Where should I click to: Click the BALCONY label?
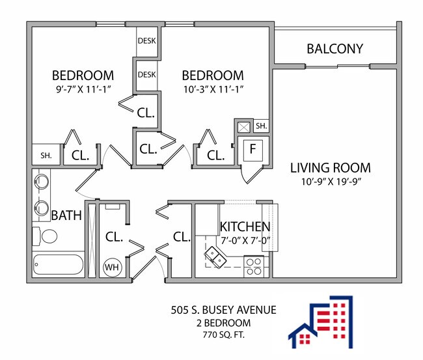pyautogui.click(x=334, y=49)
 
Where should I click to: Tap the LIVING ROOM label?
pyautogui.click(x=330, y=168)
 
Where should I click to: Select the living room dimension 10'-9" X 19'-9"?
pyautogui.click(x=330, y=182)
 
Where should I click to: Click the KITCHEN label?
pyautogui.click(x=245, y=227)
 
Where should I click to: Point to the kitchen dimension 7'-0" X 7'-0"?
pyautogui.click(x=245, y=240)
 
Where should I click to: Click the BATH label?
pyautogui.click(x=66, y=215)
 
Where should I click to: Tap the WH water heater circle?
pyautogui.click(x=112, y=267)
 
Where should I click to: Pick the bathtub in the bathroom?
pyautogui.click(x=58, y=266)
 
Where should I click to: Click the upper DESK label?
pyautogui.click(x=146, y=40)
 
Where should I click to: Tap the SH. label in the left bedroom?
pyautogui.click(x=46, y=155)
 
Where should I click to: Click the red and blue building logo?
pyautogui.click(x=322, y=322)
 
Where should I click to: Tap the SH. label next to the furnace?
pyautogui.click(x=261, y=126)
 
